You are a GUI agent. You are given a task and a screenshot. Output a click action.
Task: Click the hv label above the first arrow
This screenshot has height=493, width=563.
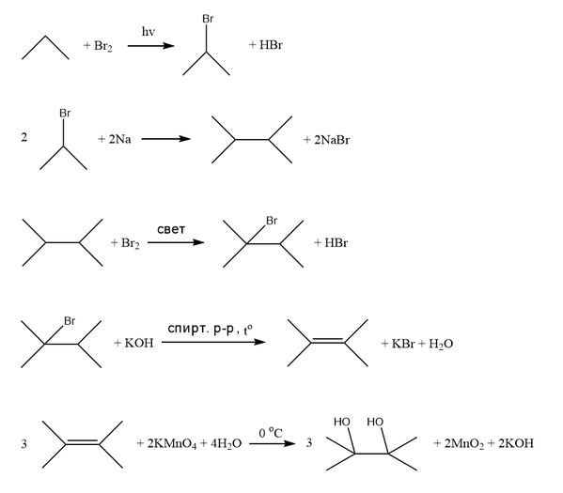pyautogui.click(x=149, y=32)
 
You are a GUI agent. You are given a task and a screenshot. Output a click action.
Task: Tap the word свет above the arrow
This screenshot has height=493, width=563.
pyautogui.click(x=171, y=229)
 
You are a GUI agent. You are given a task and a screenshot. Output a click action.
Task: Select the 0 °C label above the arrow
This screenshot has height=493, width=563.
pyautogui.click(x=271, y=433)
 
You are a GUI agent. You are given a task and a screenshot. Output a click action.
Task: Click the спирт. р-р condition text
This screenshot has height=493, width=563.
pyautogui.click(x=201, y=329)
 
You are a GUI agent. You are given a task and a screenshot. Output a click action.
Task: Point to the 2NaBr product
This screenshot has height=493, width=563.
pyautogui.click(x=332, y=140)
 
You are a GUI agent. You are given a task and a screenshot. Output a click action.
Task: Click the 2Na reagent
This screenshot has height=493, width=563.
pyautogui.click(x=120, y=139)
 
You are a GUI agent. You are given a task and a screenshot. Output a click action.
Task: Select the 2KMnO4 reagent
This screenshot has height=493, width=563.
pyautogui.click(x=172, y=444)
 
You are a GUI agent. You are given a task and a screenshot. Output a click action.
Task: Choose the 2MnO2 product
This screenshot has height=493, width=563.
pyautogui.click(x=464, y=444)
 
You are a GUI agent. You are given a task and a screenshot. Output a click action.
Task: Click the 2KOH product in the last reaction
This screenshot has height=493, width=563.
pyautogui.click(x=516, y=443)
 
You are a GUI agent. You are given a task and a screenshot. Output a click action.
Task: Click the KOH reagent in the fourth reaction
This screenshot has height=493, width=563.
pyautogui.click(x=139, y=343)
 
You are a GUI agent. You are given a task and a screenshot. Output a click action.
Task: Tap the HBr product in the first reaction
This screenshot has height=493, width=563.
pyautogui.click(x=271, y=45)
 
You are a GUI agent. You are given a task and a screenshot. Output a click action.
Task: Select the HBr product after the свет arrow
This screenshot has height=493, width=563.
pyautogui.click(x=336, y=243)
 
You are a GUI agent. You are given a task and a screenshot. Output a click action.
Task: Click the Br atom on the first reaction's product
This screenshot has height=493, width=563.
pyautogui.click(x=208, y=19)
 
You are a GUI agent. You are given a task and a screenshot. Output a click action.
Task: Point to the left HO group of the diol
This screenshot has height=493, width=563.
pyautogui.click(x=342, y=422)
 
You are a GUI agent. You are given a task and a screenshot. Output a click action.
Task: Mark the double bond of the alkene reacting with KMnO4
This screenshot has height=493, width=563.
pyautogui.click(x=82, y=442)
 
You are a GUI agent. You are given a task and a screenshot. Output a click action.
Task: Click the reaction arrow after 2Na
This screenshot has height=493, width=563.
pyautogui.click(x=165, y=139)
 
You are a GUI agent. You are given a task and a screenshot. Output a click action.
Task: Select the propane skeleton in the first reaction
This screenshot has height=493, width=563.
pyautogui.click(x=45, y=47)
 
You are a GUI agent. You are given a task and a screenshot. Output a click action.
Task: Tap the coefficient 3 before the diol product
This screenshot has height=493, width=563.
pyautogui.click(x=309, y=443)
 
